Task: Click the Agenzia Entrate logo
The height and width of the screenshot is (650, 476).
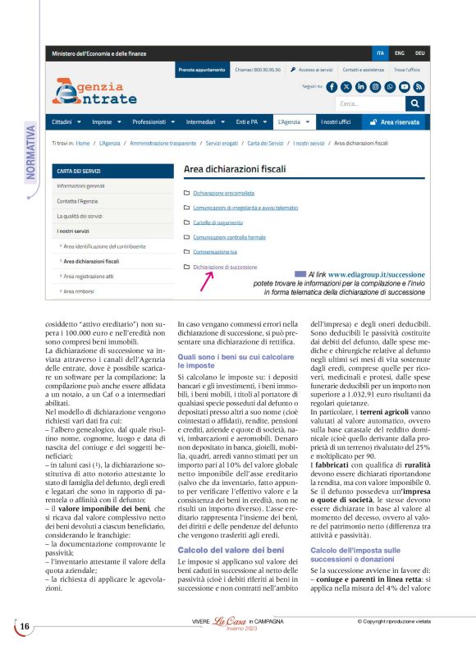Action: pos(93,92)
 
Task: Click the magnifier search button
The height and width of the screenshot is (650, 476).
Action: pos(416,103)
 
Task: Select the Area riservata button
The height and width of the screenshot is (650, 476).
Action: pos(395,122)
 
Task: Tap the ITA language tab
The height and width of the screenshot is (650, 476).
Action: pos(380,53)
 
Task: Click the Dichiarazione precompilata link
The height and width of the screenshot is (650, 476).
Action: pos(226,192)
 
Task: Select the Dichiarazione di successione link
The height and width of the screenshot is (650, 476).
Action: pos(225,267)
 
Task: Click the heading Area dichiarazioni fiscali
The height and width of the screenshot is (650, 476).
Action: pos(233,170)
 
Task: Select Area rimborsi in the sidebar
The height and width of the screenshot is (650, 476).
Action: pos(81,291)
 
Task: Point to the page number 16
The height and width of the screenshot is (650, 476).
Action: pos(25,627)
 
